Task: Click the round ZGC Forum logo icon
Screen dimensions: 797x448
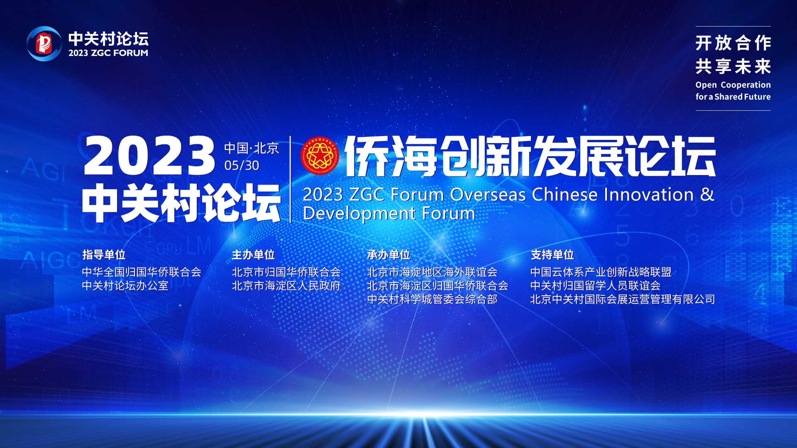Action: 44,44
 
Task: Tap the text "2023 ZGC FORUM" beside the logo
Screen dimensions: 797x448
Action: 108,53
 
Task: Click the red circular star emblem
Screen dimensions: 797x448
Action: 320,156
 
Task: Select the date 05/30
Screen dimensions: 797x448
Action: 242,166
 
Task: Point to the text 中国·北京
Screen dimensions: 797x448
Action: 252,148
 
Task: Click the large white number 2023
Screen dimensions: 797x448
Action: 149,156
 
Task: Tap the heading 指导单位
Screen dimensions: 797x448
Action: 104,255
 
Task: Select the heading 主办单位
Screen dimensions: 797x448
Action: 253,255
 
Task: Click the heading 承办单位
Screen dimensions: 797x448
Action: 389,255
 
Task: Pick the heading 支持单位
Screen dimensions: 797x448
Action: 552,255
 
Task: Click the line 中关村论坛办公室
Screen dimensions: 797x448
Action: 125,286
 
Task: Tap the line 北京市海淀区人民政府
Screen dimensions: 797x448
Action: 286,286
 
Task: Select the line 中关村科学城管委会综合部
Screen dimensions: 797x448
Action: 432,299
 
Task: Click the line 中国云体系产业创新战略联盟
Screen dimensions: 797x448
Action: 601,272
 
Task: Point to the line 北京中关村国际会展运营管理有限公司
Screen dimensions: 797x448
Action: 623,299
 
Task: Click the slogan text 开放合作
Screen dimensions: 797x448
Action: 733,43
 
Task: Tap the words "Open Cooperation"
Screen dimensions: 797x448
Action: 733,85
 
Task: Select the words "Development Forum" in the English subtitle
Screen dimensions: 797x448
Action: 389,214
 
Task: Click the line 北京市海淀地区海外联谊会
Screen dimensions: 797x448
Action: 432,272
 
